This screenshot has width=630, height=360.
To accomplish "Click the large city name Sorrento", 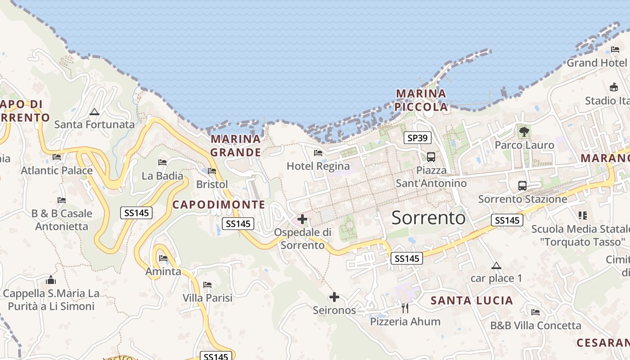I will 428,218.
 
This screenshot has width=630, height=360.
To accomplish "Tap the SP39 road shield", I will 418,138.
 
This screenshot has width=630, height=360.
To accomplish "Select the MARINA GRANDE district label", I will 235,145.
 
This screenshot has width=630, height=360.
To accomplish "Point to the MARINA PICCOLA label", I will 421,100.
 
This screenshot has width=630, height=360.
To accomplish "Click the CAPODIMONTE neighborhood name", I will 219,205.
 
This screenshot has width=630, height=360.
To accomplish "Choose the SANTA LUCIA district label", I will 472,301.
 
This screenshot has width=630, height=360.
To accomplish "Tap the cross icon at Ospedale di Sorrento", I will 302,220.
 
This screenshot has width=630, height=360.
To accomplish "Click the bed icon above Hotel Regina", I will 318,153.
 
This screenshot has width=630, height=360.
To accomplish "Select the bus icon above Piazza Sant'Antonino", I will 431,157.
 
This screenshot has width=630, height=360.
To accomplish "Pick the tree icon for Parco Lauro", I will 524,132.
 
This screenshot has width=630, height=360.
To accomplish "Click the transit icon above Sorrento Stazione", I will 522,185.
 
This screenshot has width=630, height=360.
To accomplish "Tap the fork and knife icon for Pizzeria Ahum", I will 405,308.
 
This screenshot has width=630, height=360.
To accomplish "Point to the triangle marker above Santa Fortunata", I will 94,112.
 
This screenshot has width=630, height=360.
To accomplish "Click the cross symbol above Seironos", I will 334,297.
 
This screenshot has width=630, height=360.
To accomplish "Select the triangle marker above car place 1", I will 496,265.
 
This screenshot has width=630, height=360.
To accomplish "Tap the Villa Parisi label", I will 207,298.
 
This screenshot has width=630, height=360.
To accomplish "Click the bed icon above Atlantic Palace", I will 57,157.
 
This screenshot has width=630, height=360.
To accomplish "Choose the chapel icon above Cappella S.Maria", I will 51,280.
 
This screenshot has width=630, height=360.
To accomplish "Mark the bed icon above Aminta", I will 163,258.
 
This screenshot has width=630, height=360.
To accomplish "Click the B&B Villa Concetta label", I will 535,325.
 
